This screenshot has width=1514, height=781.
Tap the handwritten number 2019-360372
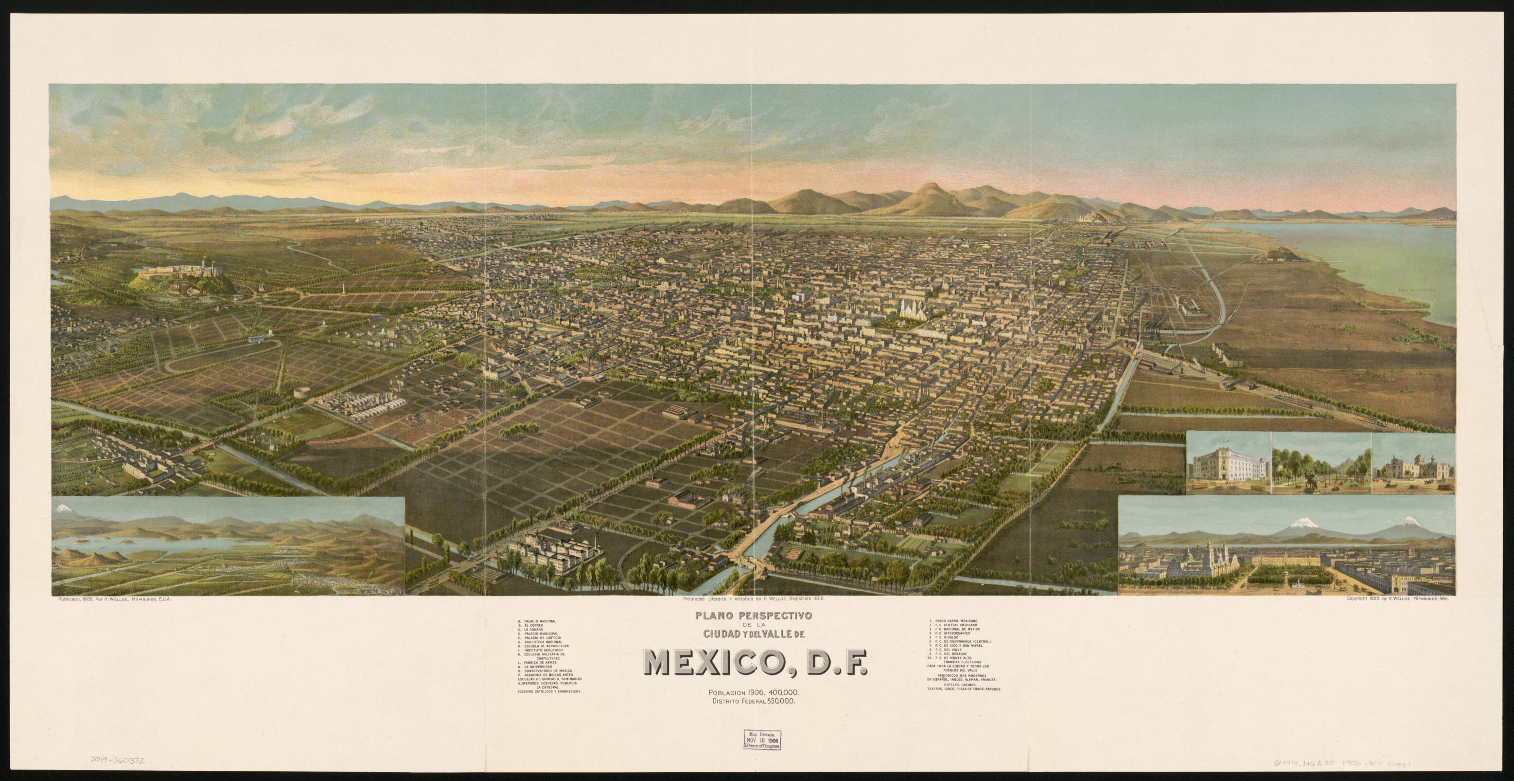click(118, 762)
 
